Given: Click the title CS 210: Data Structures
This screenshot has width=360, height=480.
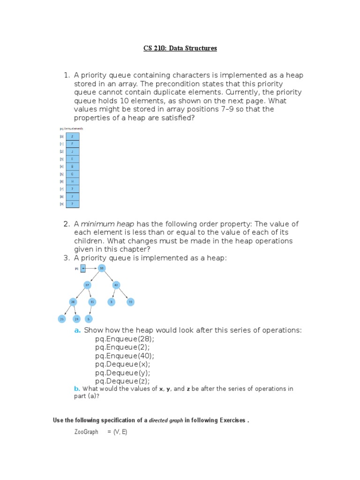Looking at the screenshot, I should pos(180,48).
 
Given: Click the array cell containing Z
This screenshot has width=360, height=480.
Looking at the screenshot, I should pos(72,136).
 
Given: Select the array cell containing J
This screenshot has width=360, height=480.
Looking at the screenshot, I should pos(72,151).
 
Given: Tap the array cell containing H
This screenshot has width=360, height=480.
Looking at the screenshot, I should pos(72,181).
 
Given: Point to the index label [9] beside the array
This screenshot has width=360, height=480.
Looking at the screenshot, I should pos(61,204).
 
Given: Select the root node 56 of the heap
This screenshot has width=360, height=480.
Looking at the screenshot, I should pos(102,268).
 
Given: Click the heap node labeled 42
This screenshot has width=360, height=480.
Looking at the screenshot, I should pos(116,285).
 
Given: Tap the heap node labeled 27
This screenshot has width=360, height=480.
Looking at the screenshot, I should pos(87,285).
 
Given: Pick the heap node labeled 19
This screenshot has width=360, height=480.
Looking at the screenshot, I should pos(130,302).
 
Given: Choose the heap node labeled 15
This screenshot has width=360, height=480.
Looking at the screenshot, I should pos(93,302).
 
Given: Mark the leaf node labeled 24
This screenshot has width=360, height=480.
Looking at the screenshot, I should pos(76,319).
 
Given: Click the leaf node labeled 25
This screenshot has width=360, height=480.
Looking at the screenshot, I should pos(61,319).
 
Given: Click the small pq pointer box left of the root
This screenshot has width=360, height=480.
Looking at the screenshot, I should pos(83,269).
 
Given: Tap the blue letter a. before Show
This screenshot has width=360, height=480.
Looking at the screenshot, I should pos(77,330).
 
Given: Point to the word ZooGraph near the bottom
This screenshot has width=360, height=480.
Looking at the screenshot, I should pos(86,432).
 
